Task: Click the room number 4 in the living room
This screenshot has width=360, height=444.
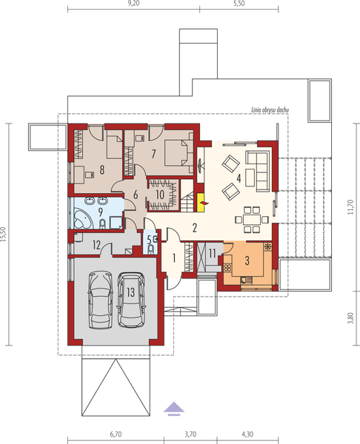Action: click(239, 178)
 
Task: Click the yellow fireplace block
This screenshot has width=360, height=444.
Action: click(200, 198)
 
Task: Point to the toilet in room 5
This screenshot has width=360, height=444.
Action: click(152, 250)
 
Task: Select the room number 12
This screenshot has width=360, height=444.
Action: click(97, 244)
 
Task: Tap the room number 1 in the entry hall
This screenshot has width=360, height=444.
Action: click(174, 258)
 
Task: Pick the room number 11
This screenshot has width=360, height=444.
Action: click(212, 255)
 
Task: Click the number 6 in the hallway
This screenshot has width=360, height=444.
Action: click(135, 195)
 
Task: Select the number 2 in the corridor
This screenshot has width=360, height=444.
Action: click(193, 227)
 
